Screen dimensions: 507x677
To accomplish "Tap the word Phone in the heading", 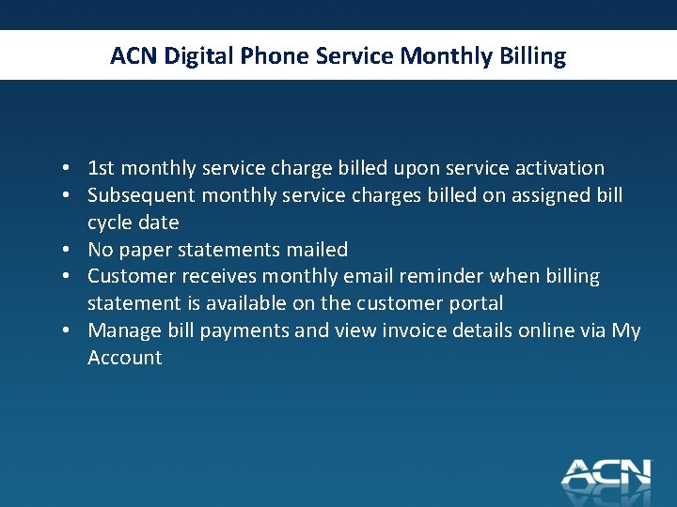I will (x=276, y=56).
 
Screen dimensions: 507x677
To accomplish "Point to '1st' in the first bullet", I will (x=101, y=169).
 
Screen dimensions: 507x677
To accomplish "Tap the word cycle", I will (x=110, y=223).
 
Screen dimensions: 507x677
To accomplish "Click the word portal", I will (x=477, y=303).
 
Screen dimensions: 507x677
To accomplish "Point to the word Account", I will (x=125, y=358).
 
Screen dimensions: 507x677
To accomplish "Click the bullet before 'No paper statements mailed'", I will (x=71, y=251).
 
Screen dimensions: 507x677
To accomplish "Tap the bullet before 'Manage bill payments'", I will (x=71, y=331).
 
